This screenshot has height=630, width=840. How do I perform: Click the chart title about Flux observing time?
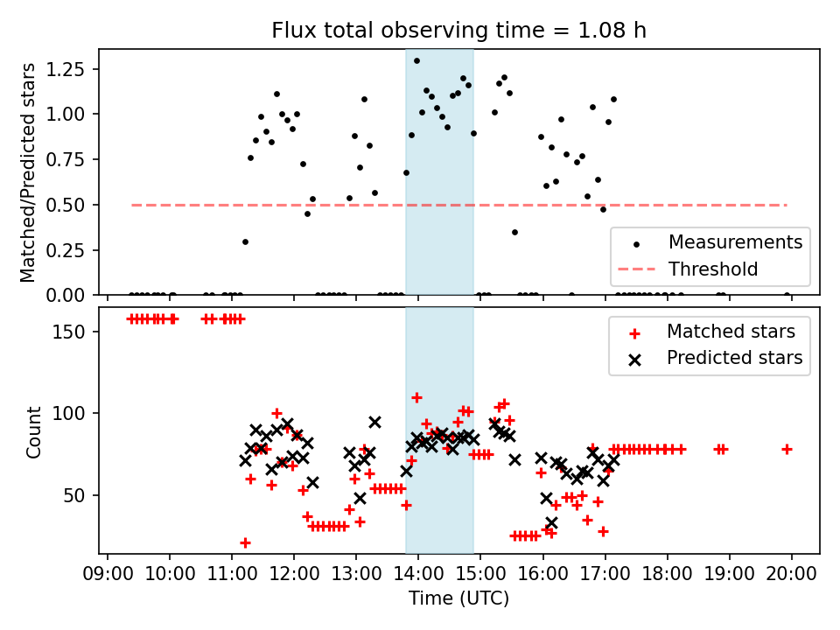[x=458, y=31]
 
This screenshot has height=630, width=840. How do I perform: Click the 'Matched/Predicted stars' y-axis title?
[x=28, y=172]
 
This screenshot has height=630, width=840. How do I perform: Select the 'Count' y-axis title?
[x=34, y=431]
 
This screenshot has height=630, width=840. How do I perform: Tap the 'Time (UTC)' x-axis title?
[x=458, y=599]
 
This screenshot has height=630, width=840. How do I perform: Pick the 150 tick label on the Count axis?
[x=78, y=332]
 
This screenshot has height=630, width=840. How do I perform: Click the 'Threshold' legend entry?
[x=713, y=269]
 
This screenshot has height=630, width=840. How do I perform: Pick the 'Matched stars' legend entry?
[x=731, y=332]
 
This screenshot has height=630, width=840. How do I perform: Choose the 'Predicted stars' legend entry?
[x=734, y=358]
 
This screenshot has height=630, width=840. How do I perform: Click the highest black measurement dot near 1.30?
[x=416, y=60]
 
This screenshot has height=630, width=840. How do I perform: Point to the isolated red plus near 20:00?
[x=787, y=449]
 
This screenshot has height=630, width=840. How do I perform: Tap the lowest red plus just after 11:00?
[x=245, y=542]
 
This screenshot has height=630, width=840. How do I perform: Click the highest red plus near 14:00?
[x=416, y=397]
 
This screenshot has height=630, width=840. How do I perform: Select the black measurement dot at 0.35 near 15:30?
[x=514, y=232]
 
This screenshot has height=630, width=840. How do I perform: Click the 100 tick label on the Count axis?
[x=78, y=413]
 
